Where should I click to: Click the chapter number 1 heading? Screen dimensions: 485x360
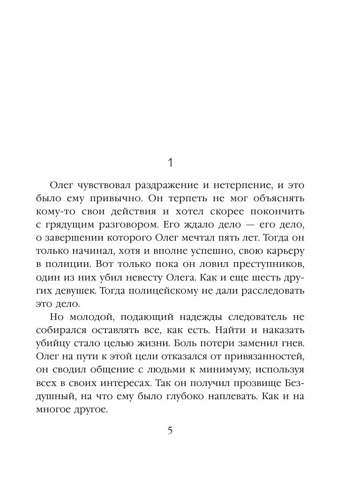coord(171,163)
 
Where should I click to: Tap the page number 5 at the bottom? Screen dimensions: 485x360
coord(171,431)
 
